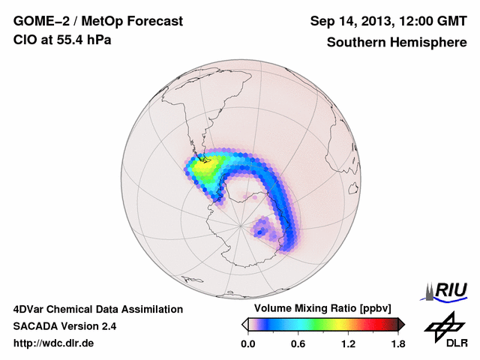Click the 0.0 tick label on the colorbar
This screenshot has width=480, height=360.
tap(247, 344)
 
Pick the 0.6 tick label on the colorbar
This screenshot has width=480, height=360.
tap(298, 344)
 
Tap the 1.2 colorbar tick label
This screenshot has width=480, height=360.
tap(348, 344)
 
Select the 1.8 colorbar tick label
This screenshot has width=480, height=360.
tap(398, 344)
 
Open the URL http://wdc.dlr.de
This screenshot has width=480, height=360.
tap(54, 343)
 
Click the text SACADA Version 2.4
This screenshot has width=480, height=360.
tap(64, 326)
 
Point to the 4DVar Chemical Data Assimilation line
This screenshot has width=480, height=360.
tap(97, 309)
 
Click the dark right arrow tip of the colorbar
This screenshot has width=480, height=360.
tap(402, 324)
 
